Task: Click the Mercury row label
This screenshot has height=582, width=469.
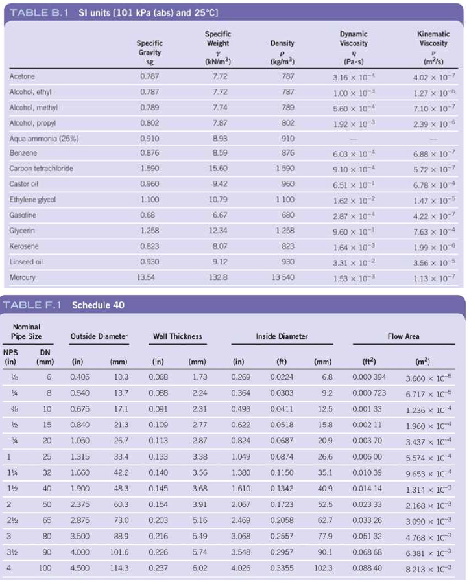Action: point(22,277)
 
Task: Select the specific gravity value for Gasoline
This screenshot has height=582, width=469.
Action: point(148,215)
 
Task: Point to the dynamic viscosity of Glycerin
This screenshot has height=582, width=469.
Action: point(354,231)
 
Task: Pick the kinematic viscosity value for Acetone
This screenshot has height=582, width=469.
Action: point(434,77)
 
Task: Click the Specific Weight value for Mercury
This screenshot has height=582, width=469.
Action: point(218,277)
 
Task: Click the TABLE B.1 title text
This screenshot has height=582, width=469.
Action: point(39,12)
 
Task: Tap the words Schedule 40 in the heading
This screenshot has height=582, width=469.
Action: point(98,305)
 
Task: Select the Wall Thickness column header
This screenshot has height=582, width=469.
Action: point(178,336)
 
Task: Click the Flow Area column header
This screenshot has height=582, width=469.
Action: point(403,336)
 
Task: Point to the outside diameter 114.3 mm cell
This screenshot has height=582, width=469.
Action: point(119,568)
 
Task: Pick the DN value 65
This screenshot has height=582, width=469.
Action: point(47,520)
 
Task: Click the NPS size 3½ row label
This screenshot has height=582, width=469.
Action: point(12,552)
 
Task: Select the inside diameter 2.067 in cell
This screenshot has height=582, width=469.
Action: point(241,504)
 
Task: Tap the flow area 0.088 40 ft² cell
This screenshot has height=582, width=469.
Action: point(367,568)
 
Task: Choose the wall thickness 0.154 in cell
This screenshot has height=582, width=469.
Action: point(158,504)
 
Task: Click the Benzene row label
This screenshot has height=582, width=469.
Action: point(23,152)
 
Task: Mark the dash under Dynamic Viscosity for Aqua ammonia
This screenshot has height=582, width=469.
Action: point(354,139)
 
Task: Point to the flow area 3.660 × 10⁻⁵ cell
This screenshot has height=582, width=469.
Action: point(429,378)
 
